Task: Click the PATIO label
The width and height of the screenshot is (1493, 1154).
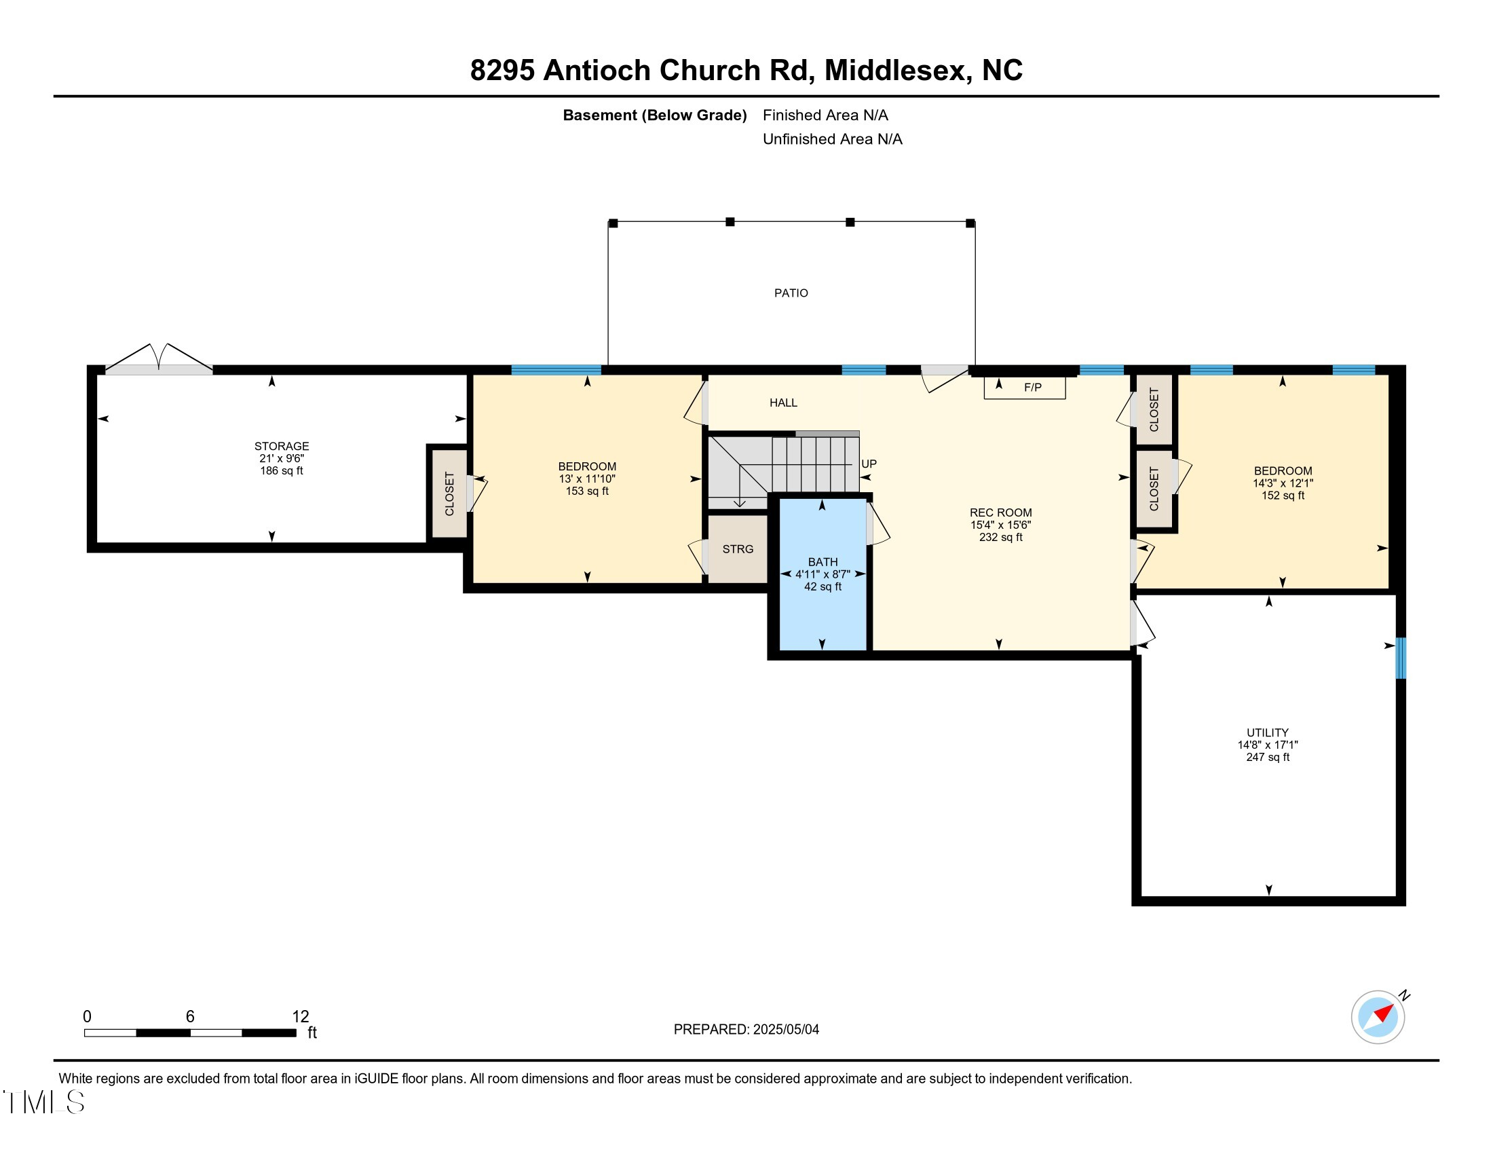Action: pyautogui.click(x=791, y=293)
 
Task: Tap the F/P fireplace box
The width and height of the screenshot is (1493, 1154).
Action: pyautogui.click(x=1025, y=388)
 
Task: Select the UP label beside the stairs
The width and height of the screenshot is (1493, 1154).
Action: pyautogui.click(x=869, y=464)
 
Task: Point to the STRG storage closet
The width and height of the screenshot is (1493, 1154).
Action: pyautogui.click(x=738, y=549)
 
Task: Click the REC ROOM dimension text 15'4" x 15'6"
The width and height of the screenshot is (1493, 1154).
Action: pyautogui.click(x=1000, y=525)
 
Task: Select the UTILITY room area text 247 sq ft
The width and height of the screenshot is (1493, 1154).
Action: pyautogui.click(x=1268, y=757)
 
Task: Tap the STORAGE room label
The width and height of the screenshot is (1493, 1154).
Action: pyautogui.click(x=282, y=446)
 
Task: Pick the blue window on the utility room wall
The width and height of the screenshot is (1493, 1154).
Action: pyautogui.click(x=1401, y=658)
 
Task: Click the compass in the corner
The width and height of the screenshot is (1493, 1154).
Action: pyautogui.click(x=1378, y=1017)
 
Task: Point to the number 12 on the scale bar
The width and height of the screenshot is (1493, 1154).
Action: pyautogui.click(x=300, y=1016)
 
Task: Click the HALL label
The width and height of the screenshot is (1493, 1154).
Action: pyautogui.click(x=783, y=403)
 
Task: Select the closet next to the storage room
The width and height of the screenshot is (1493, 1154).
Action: pyautogui.click(x=449, y=493)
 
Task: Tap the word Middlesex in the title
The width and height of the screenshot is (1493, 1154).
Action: pyautogui.click(x=898, y=71)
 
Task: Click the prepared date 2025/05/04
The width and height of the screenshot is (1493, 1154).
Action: pyautogui.click(x=785, y=1029)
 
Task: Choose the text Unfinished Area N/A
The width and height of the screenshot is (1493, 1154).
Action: pyautogui.click(x=832, y=138)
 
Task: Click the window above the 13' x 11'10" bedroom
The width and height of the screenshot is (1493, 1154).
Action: pyautogui.click(x=556, y=370)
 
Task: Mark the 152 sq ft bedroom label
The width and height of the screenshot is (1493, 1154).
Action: pyautogui.click(x=1283, y=495)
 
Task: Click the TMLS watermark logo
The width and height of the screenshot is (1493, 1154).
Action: pyautogui.click(x=45, y=1102)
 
